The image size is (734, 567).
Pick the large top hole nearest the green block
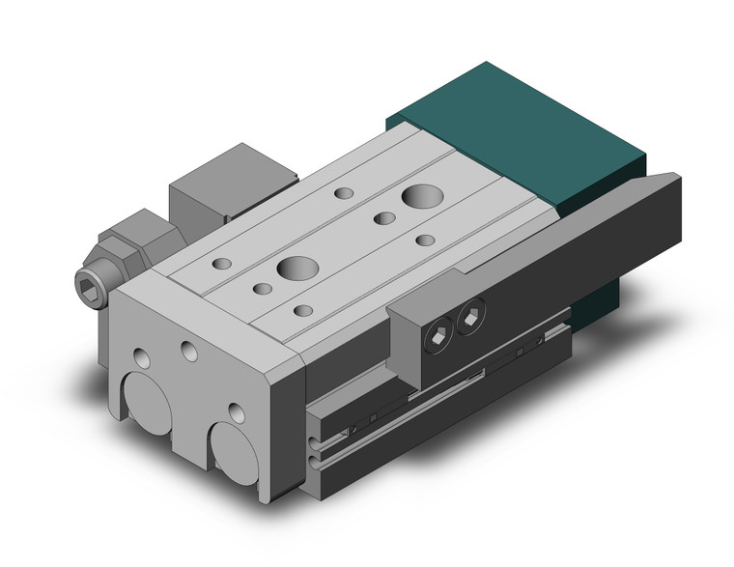pos(420,196)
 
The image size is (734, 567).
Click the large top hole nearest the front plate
pos(294,269)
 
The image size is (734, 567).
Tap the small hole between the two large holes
pos(383,218)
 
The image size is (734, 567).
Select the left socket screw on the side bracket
pos(438,336)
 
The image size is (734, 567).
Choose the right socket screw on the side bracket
pos(470,315)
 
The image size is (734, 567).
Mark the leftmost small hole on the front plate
pos(142,356)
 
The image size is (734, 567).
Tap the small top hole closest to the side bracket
pos(303,311)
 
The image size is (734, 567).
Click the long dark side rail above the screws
pos(579,232)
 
